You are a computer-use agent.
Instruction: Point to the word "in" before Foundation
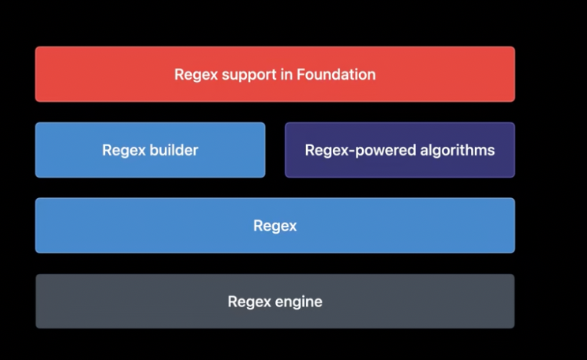(286, 75)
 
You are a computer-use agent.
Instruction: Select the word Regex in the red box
(193, 75)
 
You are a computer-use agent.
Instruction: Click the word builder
(174, 150)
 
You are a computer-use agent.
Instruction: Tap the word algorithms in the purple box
(462, 150)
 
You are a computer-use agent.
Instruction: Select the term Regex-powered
(365, 150)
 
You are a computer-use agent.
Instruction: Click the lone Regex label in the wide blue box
(275, 226)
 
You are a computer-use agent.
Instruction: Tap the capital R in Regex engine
(232, 302)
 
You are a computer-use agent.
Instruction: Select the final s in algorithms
(492, 150)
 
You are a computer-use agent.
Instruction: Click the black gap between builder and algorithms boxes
(275, 150)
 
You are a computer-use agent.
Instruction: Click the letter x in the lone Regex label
(293, 227)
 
